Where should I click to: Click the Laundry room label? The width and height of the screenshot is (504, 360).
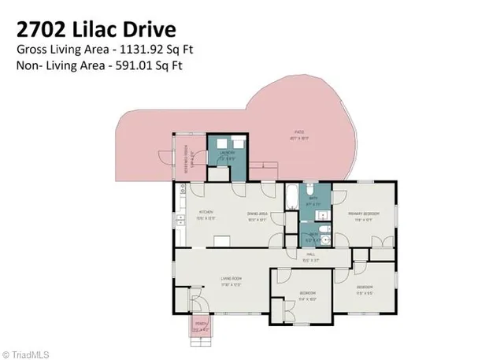[226, 155]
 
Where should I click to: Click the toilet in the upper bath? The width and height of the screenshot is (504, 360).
[312, 191]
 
